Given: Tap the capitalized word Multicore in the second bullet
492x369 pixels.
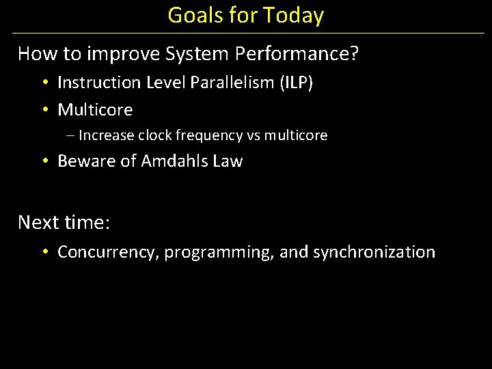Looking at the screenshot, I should pos(95,110).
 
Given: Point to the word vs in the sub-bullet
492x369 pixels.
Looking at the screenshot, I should pos(254,135).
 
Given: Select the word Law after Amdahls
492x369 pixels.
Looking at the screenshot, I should pos(229,161).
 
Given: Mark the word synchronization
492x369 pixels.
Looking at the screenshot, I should pos(374,252).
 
